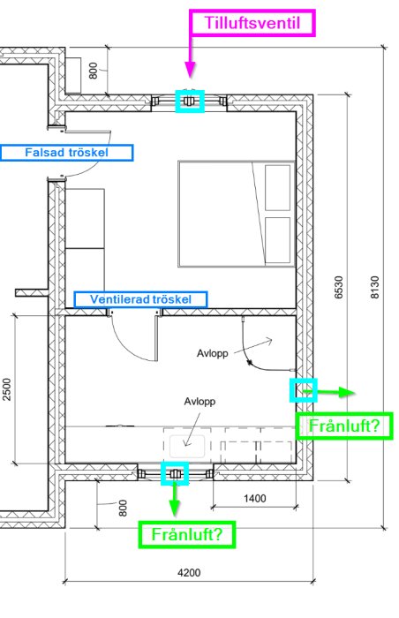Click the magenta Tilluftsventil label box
(x=252, y=23)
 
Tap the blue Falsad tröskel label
(x=66, y=153)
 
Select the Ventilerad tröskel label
(x=140, y=299)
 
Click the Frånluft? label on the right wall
(x=344, y=426)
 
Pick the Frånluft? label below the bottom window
(x=187, y=534)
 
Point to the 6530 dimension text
(x=339, y=287)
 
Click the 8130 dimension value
(x=375, y=287)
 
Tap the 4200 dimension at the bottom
(x=189, y=572)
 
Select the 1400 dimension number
(x=255, y=499)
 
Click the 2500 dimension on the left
(x=7, y=389)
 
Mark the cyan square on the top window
(x=190, y=102)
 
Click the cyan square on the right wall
(x=303, y=390)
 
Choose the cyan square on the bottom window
(x=175, y=473)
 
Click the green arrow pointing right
(x=328, y=392)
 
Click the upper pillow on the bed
(x=277, y=187)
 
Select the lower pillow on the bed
(x=277, y=239)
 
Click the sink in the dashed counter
(x=187, y=445)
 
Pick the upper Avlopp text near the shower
(x=212, y=353)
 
